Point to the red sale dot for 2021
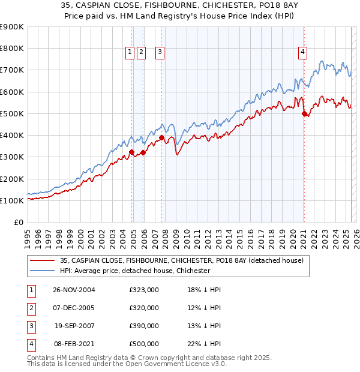pyautogui.click(x=304, y=113)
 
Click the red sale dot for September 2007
pyautogui.click(x=161, y=137)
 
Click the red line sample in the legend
pyautogui.click(x=42, y=260)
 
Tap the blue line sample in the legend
pyautogui.click(x=42, y=271)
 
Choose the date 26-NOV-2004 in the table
pyautogui.click(x=74, y=290)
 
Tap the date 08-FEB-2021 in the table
pyautogui.click(x=74, y=344)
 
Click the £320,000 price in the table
pyautogui.click(x=144, y=308)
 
